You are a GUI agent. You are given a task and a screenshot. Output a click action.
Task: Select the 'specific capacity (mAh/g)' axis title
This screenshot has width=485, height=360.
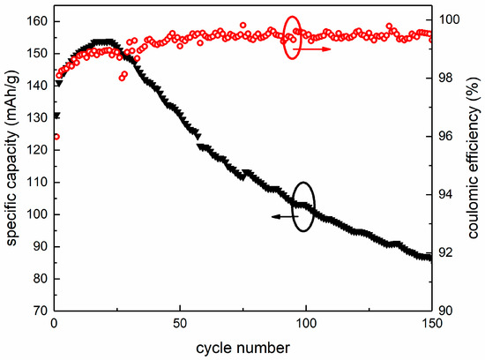point(12,165)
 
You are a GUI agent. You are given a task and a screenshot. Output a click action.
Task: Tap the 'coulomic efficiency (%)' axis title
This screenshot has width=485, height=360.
point(474,165)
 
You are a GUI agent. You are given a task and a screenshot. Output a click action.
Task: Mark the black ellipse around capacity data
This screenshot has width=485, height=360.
point(302,206)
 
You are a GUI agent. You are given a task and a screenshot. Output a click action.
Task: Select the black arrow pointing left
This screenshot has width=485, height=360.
point(284,216)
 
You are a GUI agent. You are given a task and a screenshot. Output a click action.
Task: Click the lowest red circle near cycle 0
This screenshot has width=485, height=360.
point(56,137)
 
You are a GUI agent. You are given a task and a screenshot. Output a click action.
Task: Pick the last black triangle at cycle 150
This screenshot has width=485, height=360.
point(429,258)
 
